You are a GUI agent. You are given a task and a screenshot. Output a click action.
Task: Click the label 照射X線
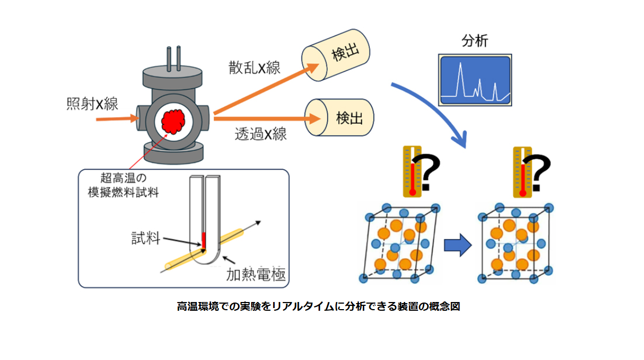pos(92,103)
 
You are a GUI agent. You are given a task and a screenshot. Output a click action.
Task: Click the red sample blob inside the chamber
pos(175,121)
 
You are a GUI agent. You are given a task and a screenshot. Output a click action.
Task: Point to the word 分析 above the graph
pos(474,40)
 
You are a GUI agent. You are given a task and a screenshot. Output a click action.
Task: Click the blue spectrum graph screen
pos(475,79)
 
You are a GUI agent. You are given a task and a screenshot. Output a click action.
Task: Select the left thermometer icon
pos(411,171)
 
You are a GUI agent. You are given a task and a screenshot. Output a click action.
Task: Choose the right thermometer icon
pos(521,171)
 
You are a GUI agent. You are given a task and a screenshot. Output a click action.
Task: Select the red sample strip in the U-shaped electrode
pos(204,240)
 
